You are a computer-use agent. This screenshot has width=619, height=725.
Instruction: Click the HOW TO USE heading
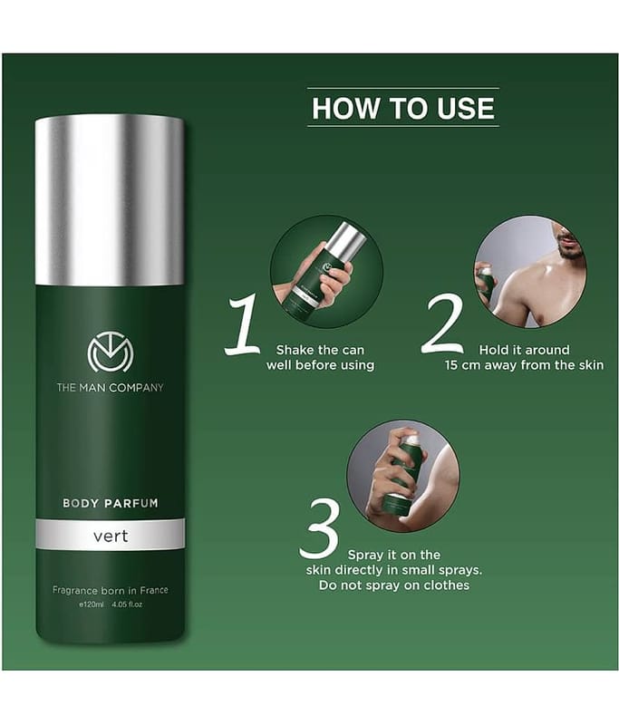coord(403,108)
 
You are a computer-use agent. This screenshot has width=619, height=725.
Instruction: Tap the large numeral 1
coord(242,325)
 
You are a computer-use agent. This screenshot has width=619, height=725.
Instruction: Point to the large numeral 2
coord(442,325)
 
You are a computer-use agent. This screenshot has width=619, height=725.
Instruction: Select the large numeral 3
coord(319,529)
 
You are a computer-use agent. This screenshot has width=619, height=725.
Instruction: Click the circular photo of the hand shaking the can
coord(326,271)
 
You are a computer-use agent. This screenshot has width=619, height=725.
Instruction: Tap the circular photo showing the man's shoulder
coord(531,271)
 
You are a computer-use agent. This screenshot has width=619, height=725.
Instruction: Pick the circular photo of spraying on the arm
coord(403,476)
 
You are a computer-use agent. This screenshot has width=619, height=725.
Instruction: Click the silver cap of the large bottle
coord(110,200)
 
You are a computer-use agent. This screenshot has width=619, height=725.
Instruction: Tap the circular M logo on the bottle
coord(111,352)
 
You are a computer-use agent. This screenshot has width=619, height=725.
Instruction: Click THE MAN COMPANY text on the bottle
coord(110,388)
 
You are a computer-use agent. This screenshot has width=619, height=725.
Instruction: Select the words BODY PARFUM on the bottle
coord(111,503)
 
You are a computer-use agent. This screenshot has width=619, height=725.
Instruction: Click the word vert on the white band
coord(111,536)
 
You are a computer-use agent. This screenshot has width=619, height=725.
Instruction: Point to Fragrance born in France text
coord(110,591)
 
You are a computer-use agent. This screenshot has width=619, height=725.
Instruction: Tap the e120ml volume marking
coord(92,604)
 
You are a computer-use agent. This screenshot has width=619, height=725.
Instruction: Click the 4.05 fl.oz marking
coord(127,604)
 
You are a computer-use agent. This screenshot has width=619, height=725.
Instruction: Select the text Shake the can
coord(320,350)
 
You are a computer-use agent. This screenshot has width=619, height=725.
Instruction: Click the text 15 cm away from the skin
coord(524,365)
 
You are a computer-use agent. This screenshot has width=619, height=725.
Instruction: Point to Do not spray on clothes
coord(394,585)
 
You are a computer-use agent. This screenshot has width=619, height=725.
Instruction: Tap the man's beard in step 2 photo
coord(569,247)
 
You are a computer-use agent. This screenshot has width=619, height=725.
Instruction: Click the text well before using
coord(320,365)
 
